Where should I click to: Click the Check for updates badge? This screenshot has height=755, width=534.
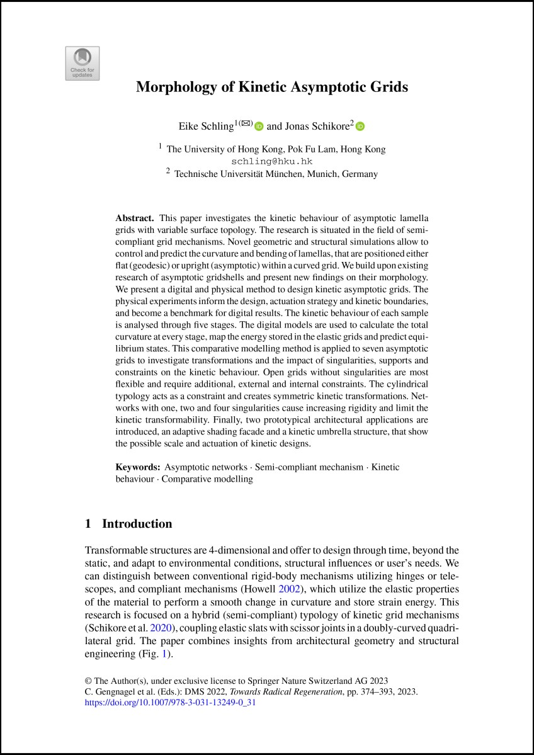82,63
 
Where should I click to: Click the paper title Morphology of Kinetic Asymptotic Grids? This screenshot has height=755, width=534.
272,87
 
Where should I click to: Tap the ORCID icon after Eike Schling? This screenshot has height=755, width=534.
259,127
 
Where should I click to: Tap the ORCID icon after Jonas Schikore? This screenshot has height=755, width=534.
360,127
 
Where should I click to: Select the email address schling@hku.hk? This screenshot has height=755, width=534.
272,161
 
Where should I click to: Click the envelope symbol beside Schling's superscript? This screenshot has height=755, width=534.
246,123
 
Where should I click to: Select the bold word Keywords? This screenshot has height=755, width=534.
138,467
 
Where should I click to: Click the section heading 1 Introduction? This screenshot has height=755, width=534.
128,524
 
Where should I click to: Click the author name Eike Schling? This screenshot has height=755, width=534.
207,127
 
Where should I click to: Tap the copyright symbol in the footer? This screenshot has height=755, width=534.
88,681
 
